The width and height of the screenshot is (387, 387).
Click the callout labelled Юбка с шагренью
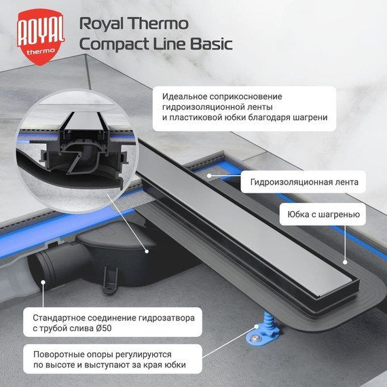[x=323, y=217]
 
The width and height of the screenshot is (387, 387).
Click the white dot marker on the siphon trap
[x=149, y=251]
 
